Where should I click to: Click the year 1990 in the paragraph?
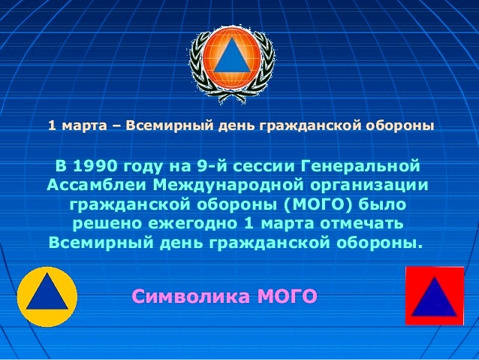(x=95, y=166)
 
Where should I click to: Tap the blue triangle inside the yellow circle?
(x=47, y=292)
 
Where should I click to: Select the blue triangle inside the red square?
(x=434, y=298)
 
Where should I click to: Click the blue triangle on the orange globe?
(x=232, y=56)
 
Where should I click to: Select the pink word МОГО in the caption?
(x=288, y=296)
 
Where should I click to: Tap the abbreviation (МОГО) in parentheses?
(x=318, y=204)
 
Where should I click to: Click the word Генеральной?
(x=360, y=166)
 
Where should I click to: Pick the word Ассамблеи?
(x=97, y=186)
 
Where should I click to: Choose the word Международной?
(x=228, y=186)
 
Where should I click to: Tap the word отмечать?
(x=362, y=224)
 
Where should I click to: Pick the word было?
(x=382, y=204)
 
